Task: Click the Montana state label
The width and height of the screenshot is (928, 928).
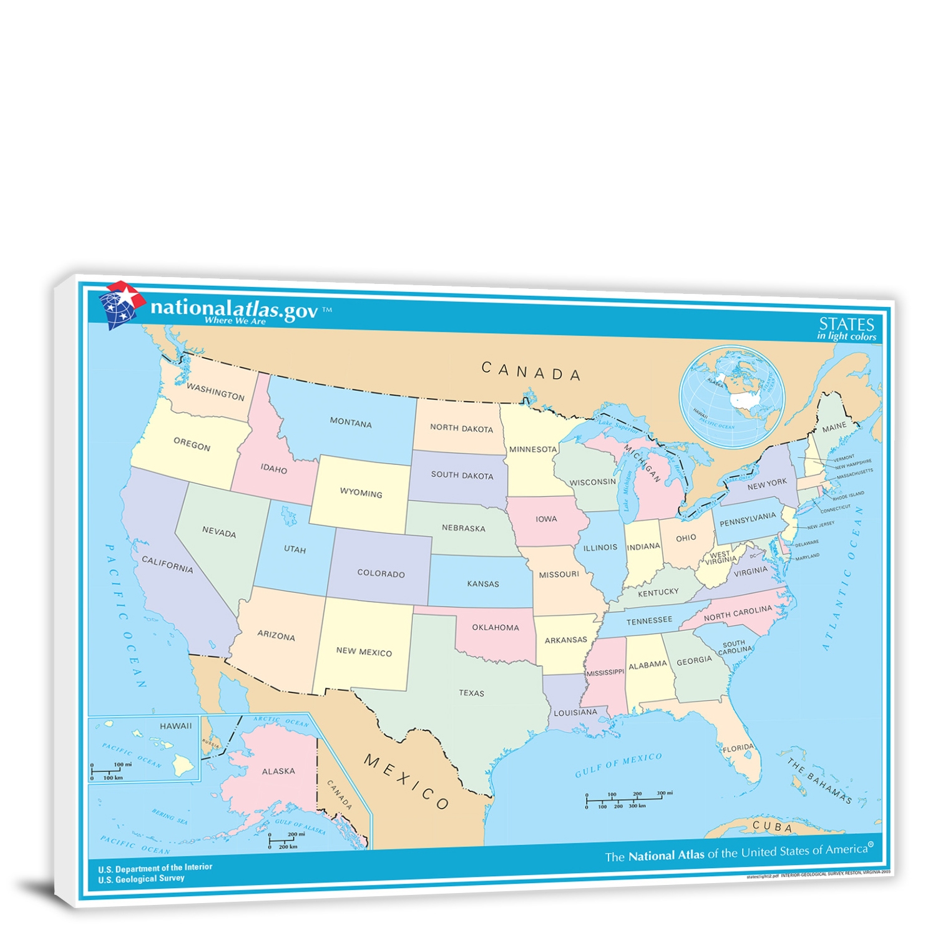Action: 350,422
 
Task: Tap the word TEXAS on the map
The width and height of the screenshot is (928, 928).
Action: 471,693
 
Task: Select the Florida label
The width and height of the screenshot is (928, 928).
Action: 738,747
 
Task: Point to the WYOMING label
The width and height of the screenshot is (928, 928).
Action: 361,492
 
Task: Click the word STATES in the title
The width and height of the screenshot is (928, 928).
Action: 846,324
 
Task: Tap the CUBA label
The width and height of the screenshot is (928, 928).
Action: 773,827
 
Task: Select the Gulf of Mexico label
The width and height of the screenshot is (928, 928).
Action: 618,764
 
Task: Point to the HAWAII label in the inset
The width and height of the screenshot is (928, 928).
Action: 175,726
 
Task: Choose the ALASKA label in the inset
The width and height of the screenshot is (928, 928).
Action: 278,771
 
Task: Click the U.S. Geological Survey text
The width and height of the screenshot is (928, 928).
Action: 141,879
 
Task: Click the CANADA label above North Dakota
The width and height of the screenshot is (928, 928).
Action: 531,371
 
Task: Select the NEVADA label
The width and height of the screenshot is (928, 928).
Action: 219,532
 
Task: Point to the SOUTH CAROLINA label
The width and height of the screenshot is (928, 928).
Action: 735,647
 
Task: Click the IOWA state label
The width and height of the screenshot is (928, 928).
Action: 546,519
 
